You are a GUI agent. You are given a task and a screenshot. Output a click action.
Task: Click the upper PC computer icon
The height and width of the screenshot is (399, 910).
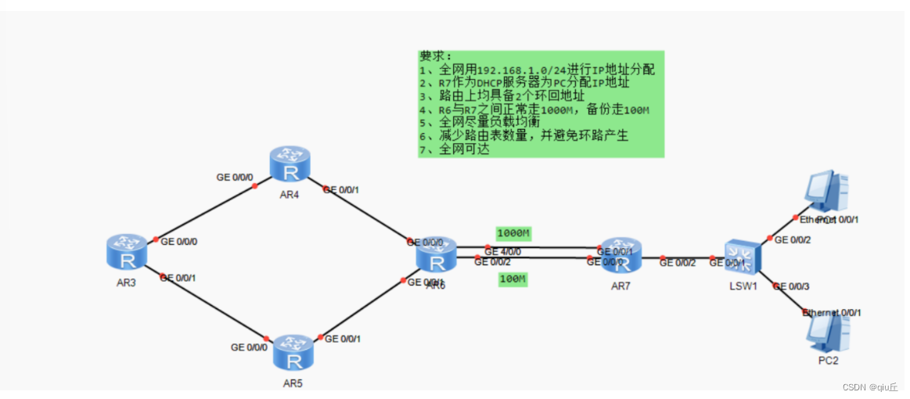coord(827,191)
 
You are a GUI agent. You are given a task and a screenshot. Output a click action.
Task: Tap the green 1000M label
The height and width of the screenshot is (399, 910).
coord(513,233)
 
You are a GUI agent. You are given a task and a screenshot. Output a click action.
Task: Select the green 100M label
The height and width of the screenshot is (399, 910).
coord(513,279)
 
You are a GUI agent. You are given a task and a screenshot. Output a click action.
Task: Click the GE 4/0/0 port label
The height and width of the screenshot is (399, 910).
coord(502,251)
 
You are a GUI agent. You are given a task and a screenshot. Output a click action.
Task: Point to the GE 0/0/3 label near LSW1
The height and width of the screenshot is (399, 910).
coord(791,286)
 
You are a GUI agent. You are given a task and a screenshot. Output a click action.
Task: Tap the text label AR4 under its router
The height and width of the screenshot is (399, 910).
coord(290,195)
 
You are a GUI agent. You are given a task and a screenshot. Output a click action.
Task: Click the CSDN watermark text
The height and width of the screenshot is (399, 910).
coord(870,387)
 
